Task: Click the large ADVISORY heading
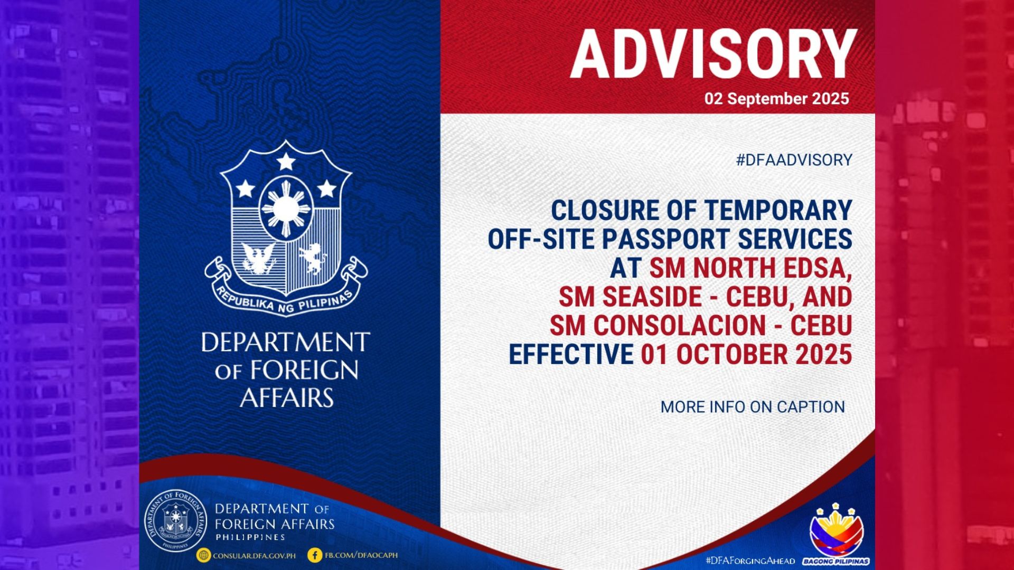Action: click(x=713, y=54)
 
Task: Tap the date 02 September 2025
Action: click(x=776, y=99)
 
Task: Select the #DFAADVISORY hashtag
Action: click(x=794, y=160)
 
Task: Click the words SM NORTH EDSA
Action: click(x=750, y=268)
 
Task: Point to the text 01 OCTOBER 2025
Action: click(x=746, y=354)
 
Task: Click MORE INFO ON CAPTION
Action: click(x=753, y=407)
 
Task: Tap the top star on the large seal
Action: click(x=286, y=161)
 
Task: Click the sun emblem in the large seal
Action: click(x=286, y=209)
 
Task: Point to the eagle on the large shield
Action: click(x=258, y=258)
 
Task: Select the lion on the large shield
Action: click(x=313, y=258)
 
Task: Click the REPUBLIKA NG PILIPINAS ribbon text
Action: click(x=286, y=301)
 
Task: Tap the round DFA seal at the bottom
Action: click(x=176, y=521)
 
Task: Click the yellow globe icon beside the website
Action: click(x=203, y=555)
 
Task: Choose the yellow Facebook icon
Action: click(x=315, y=555)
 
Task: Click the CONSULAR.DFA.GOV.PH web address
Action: click(x=254, y=556)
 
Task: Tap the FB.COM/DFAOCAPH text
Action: click(x=361, y=555)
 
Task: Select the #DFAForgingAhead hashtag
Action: click(x=749, y=560)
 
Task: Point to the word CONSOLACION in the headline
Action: click(x=679, y=326)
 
